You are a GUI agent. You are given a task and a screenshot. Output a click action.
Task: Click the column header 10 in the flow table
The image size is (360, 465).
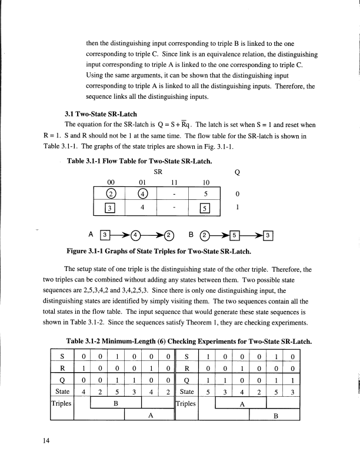click(x=206, y=183)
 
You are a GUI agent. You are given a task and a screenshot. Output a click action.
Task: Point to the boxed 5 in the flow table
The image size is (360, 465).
click(x=206, y=208)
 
